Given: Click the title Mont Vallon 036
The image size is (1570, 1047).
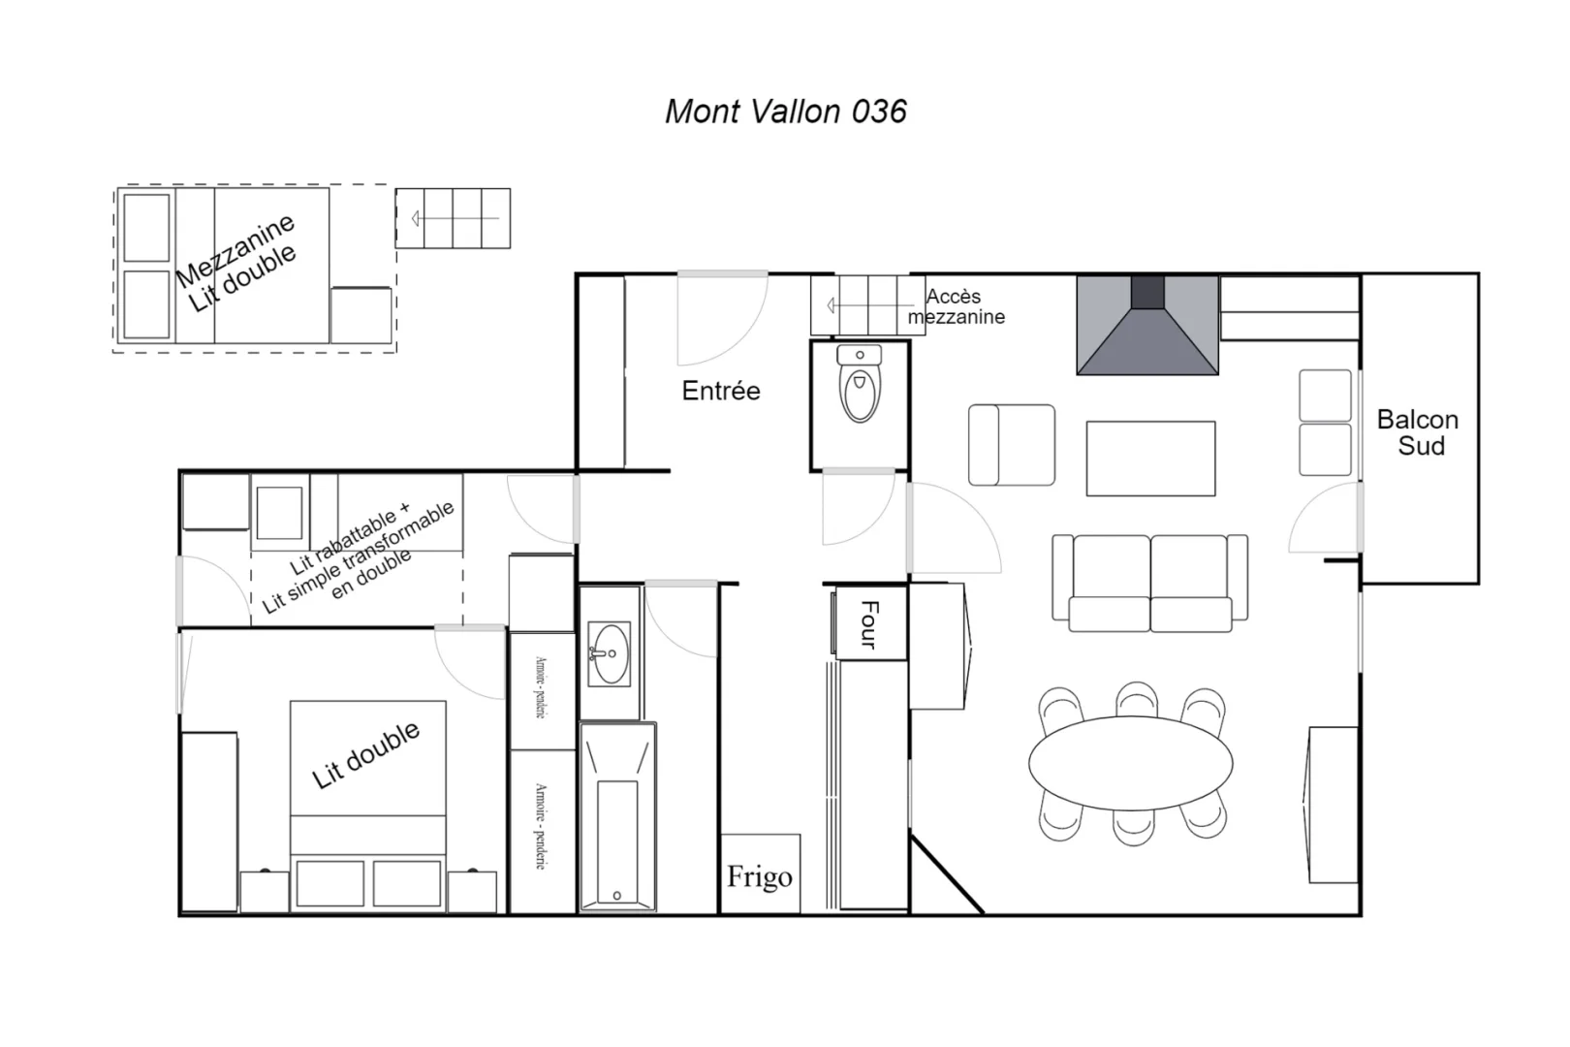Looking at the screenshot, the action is click(x=786, y=111).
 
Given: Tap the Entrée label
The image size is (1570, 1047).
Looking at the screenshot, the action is click(x=720, y=391).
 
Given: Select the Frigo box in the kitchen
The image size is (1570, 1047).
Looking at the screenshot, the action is click(x=761, y=873).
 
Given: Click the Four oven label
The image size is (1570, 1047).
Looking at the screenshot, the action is click(x=869, y=624).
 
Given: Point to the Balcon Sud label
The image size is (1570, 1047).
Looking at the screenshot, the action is click(x=1418, y=432).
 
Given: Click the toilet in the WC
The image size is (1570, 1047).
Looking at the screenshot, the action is click(x=860, y=384).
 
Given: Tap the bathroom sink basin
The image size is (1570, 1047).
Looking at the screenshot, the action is click(x=609, y=654).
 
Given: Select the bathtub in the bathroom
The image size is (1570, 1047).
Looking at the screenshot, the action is click(x=617, y=817).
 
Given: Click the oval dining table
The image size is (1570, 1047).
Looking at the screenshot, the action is click(x=1130, y=763).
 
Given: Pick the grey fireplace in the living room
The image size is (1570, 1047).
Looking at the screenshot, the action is click(x=1147, y=325).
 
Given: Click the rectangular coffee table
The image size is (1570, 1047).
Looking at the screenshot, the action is click(x=1150, y=459).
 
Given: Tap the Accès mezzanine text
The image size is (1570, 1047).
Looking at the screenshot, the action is click(x=956, y=307).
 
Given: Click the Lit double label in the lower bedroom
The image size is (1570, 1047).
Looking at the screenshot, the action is click(x=365, y=755).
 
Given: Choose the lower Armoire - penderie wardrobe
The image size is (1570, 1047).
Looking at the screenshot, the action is click(x=541, y=830).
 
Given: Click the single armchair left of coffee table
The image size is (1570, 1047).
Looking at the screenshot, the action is click(x=1012, y=445).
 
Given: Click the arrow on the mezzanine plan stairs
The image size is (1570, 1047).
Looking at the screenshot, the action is click(x=455, y=219).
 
